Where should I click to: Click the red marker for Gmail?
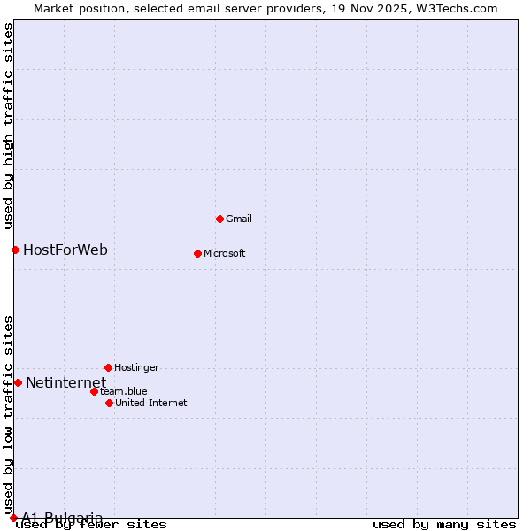[x=219, y=219]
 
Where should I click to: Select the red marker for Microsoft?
[x=197, y=253]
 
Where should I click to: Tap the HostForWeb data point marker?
[x=15, y=250]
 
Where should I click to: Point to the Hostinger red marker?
[x=108, y=367]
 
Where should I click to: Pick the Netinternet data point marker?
[x=18, y=382]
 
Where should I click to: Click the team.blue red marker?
[x=94, y=391]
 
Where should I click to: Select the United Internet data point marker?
[x=109, y=403]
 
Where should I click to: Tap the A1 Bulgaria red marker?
[x=13, y=518]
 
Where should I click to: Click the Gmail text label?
[x=239, y=219]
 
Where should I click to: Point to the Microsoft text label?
[x=224, y=253]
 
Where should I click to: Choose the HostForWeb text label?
[x=65, y=250]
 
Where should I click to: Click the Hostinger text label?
[x=136, y=367]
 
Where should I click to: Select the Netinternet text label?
[x=65, y=382]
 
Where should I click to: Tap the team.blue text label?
[x=123, y=391]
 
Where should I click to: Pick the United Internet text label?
[x=150, y=403]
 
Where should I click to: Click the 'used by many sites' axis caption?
[x=444, y=525]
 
